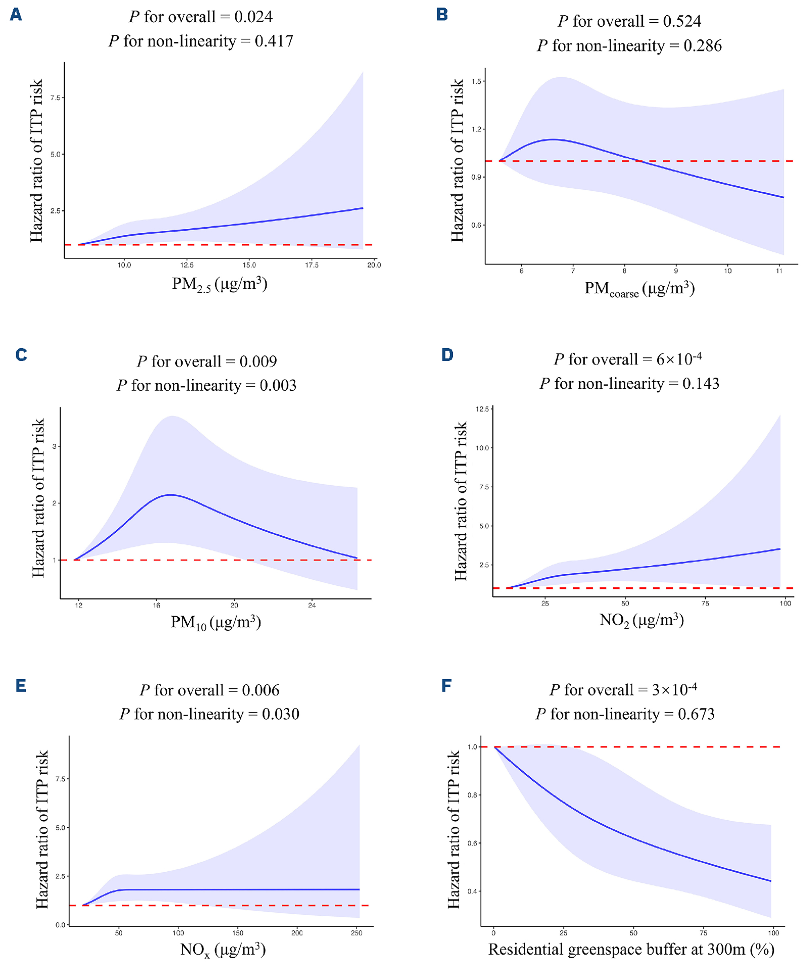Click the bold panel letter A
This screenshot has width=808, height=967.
pos(16,15)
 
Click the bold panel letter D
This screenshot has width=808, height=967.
pos(447,355)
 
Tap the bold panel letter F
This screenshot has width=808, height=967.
pos(446,686)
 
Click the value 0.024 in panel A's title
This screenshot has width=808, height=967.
pos(253,17)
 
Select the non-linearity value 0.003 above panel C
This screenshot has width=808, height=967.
pos(278,386)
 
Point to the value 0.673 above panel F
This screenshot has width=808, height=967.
pos(696,714)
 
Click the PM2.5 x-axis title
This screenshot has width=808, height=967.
pos(219,284)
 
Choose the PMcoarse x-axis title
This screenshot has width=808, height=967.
pos(639,289)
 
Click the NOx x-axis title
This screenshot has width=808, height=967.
pos(223,949)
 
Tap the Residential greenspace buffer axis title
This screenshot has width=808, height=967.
pos(631,949)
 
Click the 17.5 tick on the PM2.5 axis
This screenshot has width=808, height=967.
pos(311,265)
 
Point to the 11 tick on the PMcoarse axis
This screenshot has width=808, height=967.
pos(779,271)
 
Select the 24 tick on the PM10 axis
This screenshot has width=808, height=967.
pos(312,605)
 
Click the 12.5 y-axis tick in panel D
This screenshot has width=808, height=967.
pos(482,409)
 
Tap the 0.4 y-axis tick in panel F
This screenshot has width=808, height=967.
pos(472,891)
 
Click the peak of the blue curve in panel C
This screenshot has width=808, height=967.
pos(171,495)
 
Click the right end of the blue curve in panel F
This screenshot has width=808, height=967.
pos(771,881)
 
